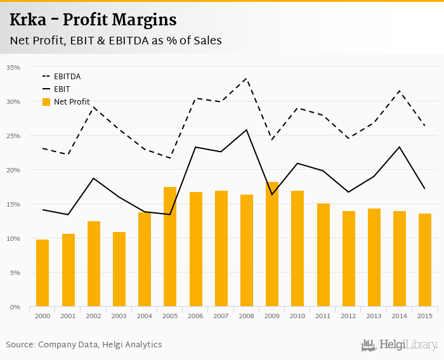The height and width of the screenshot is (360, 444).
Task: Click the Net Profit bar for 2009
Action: (x=272, y=245)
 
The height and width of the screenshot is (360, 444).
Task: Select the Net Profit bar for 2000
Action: (x=42, y=273)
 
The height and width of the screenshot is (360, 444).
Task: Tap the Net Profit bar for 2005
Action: (x=170, y=247)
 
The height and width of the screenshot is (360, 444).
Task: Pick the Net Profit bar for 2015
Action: (x=425, y=260)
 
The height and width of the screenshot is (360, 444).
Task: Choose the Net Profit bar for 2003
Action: (x=119, y=269)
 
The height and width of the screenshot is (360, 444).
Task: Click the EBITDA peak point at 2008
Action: (x=246, y=79)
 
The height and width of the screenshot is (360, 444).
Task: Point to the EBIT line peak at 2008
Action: (x=246, y=130)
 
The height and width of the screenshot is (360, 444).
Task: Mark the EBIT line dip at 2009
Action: (x=272, y=194)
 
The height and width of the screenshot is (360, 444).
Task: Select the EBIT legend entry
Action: (x=62, y=89)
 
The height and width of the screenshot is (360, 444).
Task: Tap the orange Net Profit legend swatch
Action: (x=46, y=102)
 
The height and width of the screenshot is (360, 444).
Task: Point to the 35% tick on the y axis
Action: (x=13, y=67)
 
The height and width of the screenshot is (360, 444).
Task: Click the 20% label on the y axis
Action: (x=13, y=170)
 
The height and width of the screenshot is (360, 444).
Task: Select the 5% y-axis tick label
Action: (x=15, y=273)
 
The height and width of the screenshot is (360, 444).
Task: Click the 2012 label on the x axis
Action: (x=348, y=316)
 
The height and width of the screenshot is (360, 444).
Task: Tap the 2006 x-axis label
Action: (x=195, y=316)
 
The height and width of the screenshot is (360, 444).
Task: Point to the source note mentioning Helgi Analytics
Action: (x=84, y=345)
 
